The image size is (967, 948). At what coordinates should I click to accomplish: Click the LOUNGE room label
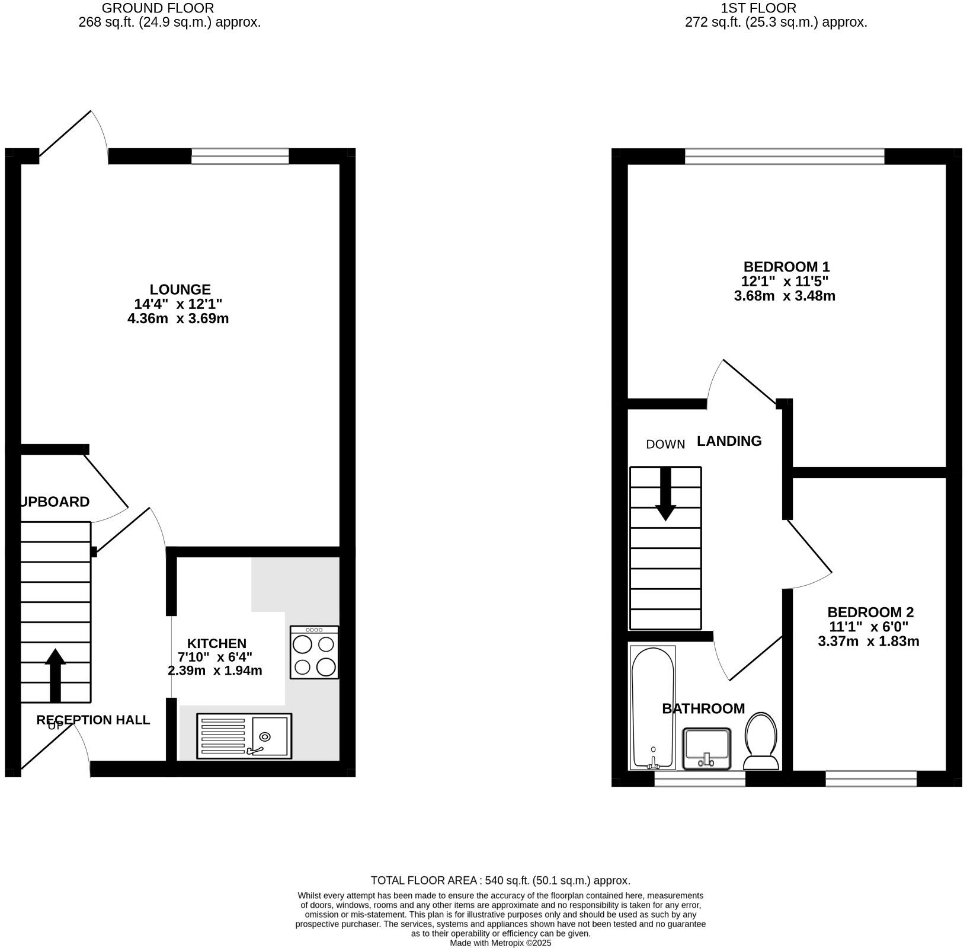coord(180,289)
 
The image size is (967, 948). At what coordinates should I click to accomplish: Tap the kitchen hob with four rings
coord(314,652)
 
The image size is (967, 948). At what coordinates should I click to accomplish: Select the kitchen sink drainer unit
coord(244,736)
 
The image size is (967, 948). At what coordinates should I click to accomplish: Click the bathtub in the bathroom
coord(652,707)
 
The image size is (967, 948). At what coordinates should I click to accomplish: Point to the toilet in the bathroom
coord(761,741)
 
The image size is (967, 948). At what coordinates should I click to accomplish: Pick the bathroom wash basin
coord(706,748)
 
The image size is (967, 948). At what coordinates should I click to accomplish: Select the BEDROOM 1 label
coord(786,266)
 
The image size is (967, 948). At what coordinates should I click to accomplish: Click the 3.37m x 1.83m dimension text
coord(868,641)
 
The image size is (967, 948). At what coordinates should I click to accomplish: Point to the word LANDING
coord(729,441)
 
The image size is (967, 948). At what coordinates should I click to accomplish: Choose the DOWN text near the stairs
coord(665,444)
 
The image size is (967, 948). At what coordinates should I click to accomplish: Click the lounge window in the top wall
coord(240,157)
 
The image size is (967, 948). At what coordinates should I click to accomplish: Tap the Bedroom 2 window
coord(870,778)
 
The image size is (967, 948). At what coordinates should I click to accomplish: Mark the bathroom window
coord(699,778)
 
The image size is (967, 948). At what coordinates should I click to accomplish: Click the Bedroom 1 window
coord(784,157)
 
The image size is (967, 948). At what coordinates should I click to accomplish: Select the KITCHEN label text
coord(216,643)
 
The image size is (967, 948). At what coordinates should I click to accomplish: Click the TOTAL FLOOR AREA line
coord(500,880)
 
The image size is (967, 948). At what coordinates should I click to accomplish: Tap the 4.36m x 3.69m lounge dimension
coord(178,318)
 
